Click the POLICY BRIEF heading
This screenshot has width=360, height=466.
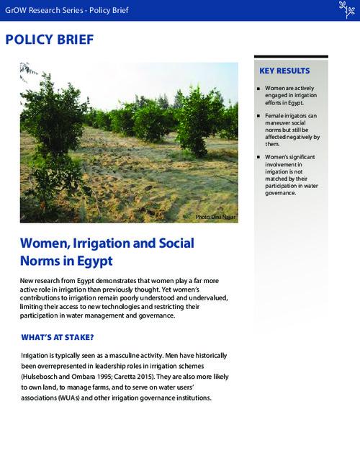[49, 39]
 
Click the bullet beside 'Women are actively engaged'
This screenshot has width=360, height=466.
[258, 90]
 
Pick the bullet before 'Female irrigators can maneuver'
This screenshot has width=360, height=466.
[258, 116]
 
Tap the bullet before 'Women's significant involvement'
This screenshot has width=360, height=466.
[258, 156]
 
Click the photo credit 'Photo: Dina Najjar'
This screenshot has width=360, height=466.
[215, 217]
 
